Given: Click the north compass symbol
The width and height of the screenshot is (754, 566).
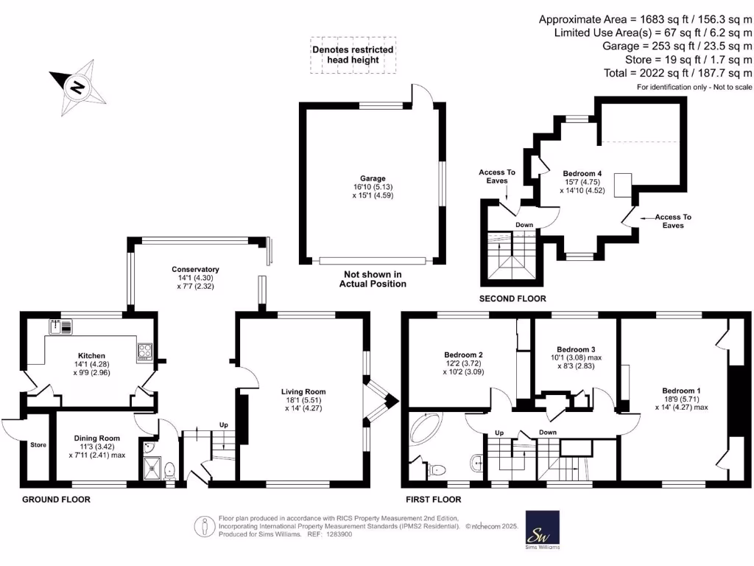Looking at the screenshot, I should pos(76,87).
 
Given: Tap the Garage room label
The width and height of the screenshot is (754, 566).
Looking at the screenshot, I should pos(373,179).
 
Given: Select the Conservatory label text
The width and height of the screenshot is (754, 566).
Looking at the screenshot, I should pos(195,270).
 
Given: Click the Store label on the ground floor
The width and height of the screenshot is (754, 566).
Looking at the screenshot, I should pos(38,445).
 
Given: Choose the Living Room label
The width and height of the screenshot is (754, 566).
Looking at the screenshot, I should pos(303,392).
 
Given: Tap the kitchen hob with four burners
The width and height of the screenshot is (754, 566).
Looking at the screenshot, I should pos(144,352).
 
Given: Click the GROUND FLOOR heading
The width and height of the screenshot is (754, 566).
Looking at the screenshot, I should pos(57,500).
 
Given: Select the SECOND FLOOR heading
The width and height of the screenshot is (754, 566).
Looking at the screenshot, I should pos(512,298).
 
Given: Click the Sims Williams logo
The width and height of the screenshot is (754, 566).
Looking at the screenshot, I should pos(542,529).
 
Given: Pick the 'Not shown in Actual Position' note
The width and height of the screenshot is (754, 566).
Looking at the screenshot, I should pos(373,279).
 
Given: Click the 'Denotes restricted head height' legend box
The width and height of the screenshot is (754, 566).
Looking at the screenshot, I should pos(353,55).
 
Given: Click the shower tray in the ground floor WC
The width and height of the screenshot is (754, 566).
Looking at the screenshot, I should pos(152,467).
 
